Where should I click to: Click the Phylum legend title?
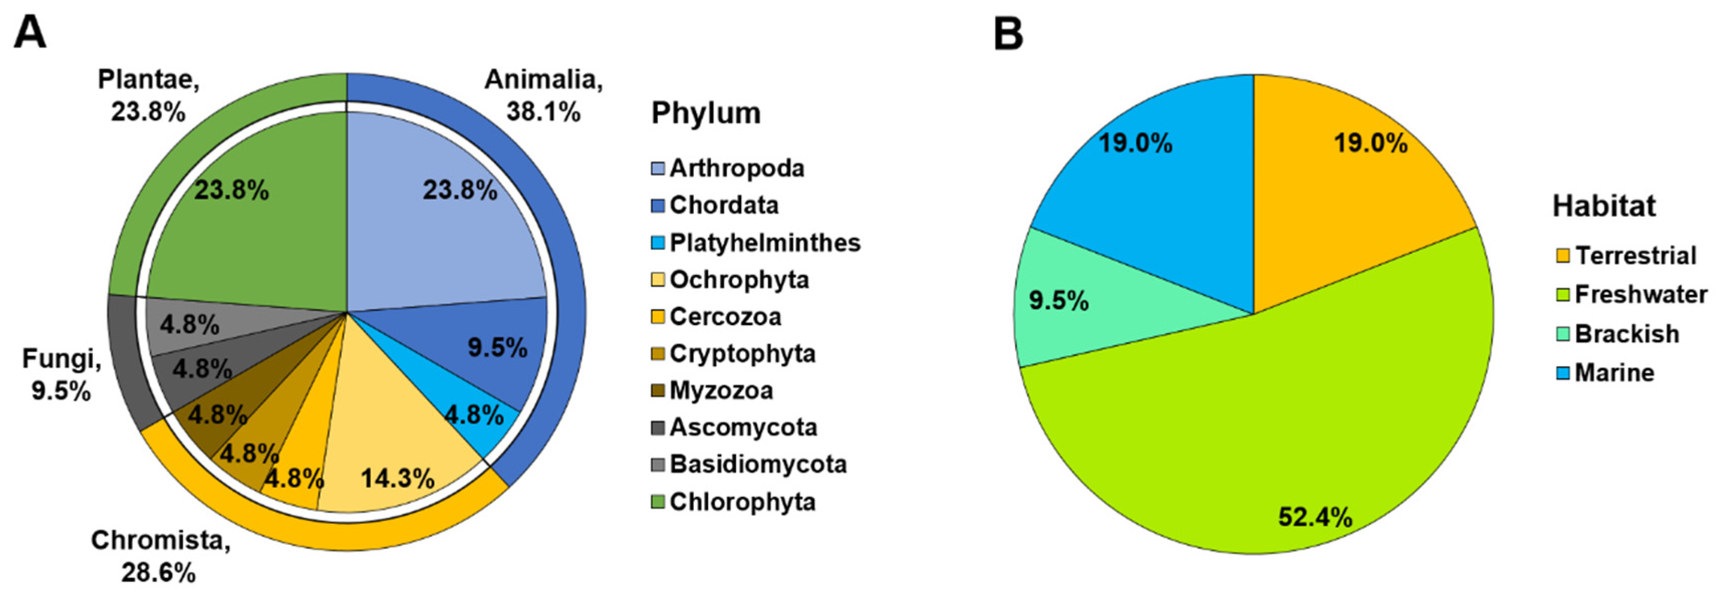(705, 113)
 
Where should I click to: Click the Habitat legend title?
(1604, 206)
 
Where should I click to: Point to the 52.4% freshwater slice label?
(1315, 517)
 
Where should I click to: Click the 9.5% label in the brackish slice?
(1058, 301)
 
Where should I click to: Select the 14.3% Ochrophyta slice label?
(397, 478)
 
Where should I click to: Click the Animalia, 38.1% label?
(543, 95)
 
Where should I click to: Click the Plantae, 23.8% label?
(149, 95)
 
